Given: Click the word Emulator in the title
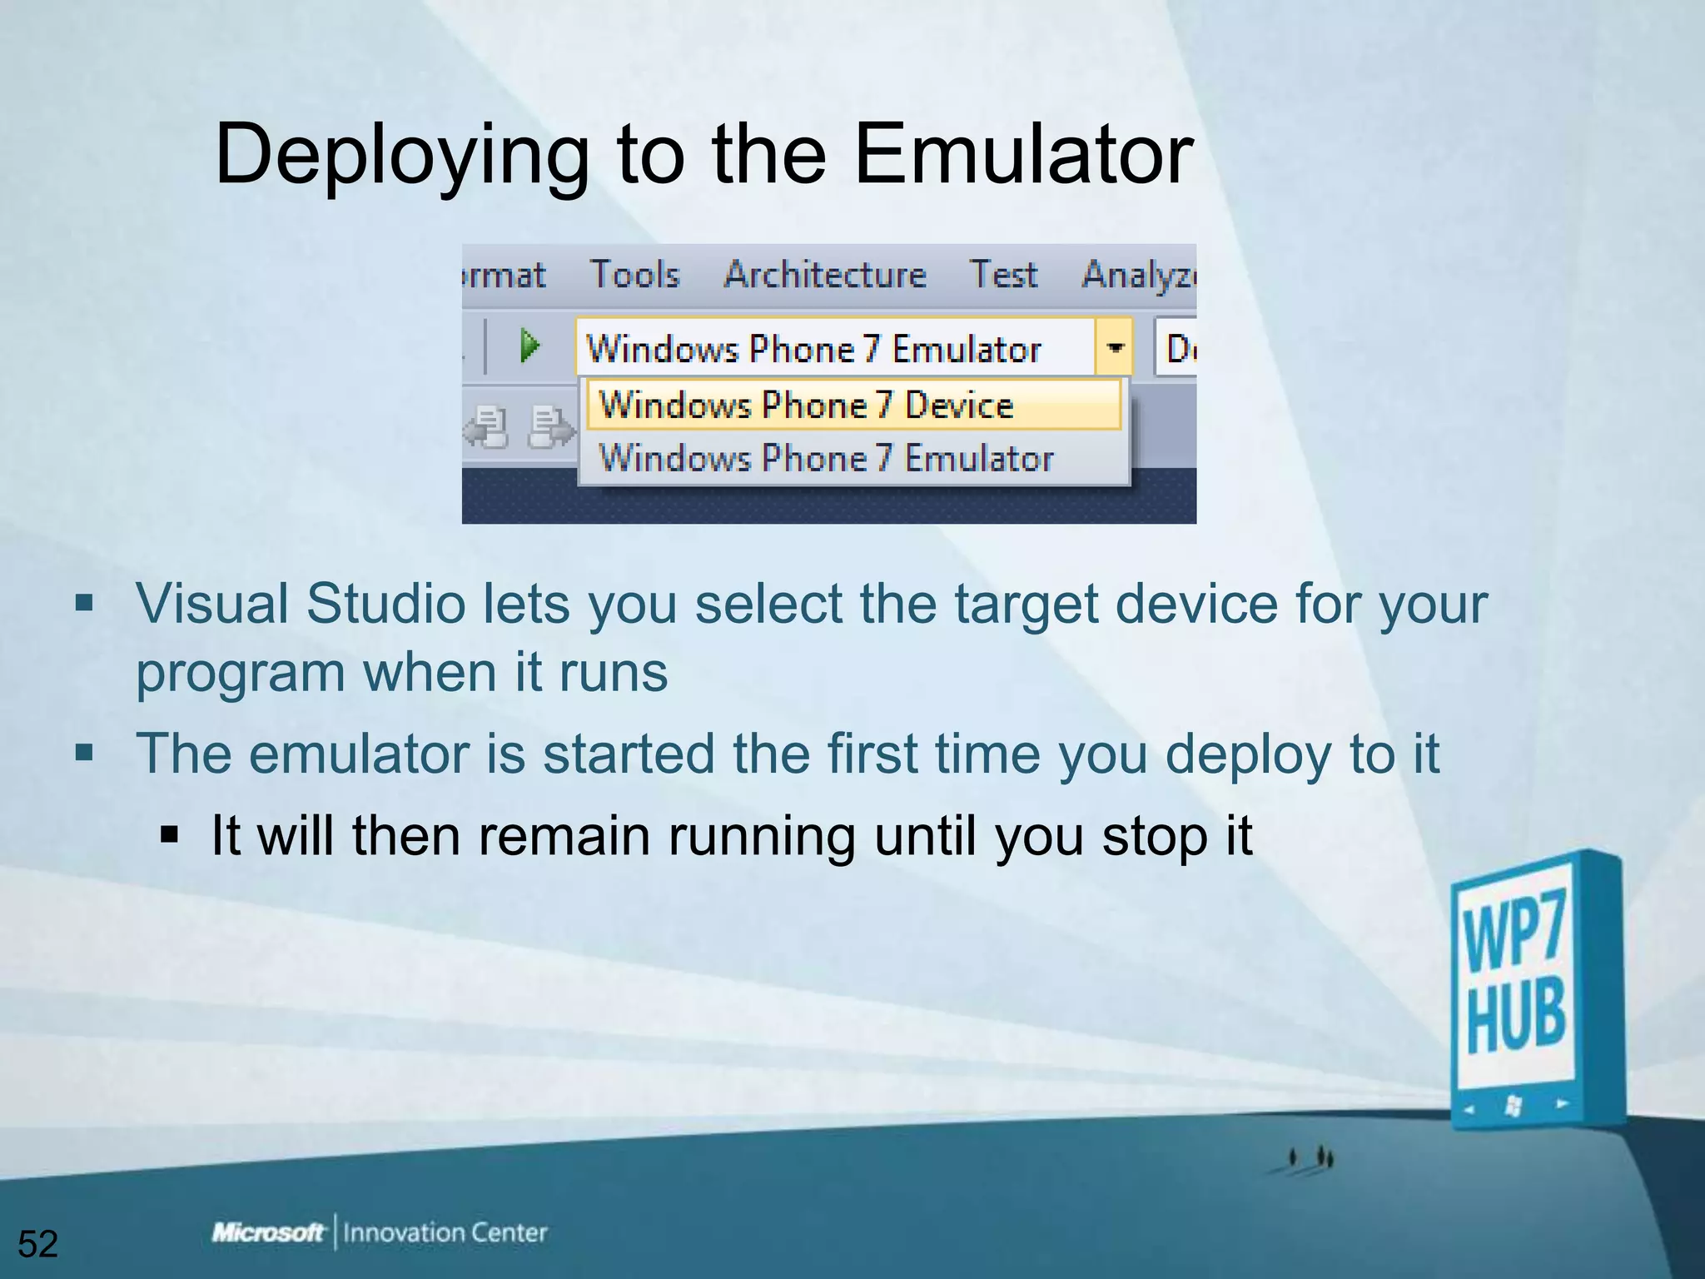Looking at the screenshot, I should click(x=1024, y=154).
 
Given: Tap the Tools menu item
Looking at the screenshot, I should click(x=634, y=275).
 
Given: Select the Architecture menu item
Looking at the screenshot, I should click(x=824, y=275).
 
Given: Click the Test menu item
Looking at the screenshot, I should click(x=1003, y=275).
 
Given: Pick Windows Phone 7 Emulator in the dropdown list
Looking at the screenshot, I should click(x=826, y=458).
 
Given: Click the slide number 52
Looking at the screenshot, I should click(x=37, y=1244).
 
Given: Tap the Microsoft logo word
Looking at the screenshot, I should click(x=268, y=1232).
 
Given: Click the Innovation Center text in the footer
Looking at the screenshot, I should click(x=445, y=1232).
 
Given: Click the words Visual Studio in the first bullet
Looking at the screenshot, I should click(x=300, y=604).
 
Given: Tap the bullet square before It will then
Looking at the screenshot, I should click(x=170, y=835).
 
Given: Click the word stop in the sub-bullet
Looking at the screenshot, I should click(x=1154, y=836).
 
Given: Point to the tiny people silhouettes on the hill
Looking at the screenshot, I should click(x=1310, y=1158).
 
